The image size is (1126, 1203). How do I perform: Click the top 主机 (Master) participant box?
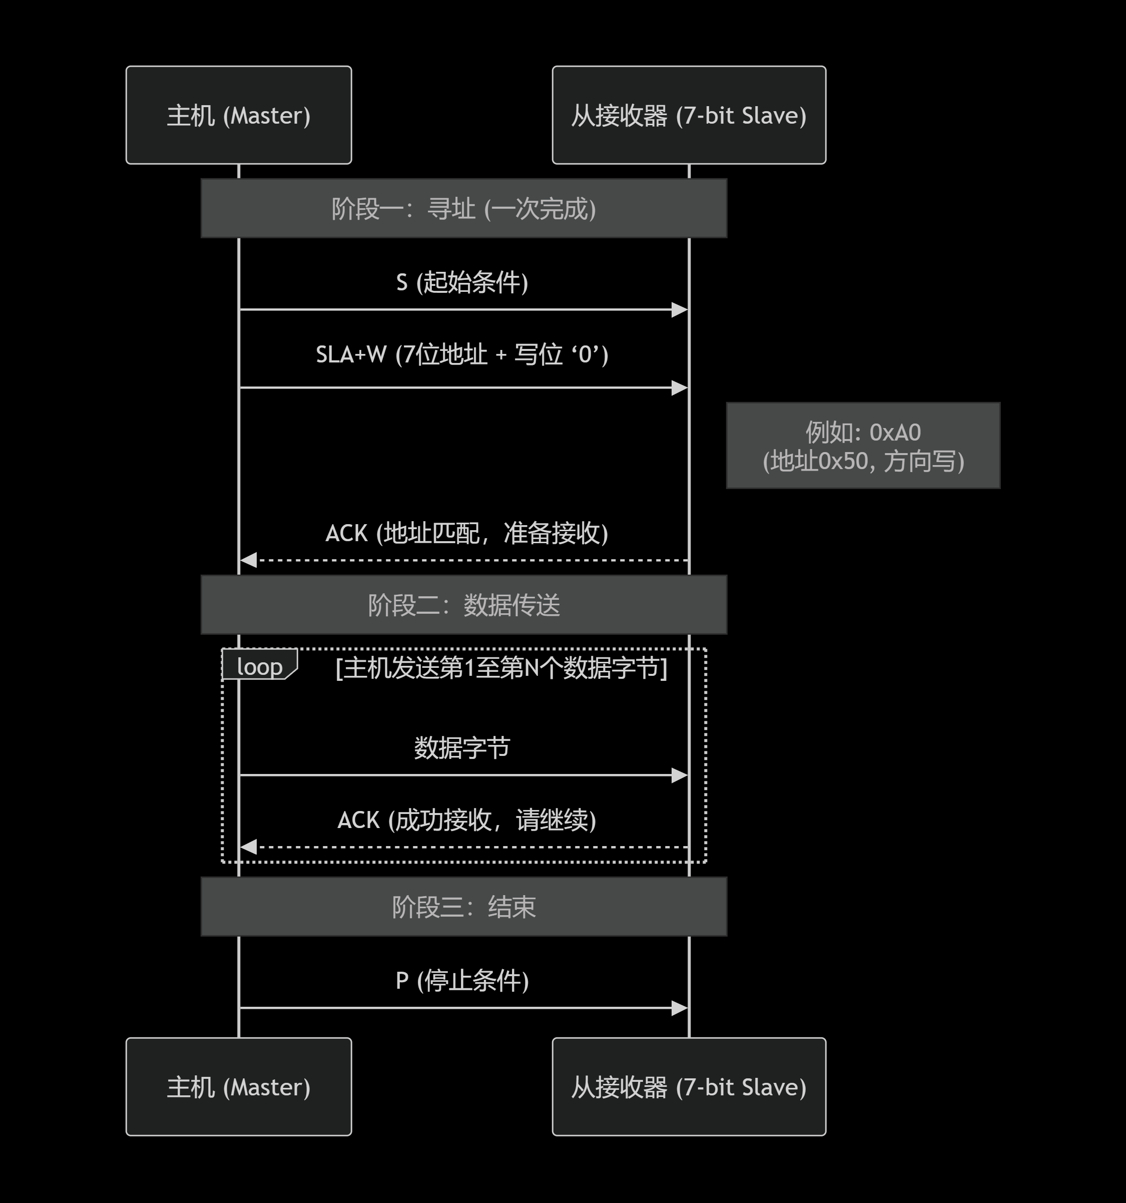[238, 115]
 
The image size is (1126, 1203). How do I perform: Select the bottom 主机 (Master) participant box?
[238, 1087]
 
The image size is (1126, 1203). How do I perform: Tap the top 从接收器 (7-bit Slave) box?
[689, 115]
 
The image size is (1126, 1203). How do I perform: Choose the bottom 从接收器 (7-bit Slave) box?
[689, 1087]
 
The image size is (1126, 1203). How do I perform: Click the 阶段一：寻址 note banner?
[463, 208]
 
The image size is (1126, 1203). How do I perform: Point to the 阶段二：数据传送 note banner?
[463, 605]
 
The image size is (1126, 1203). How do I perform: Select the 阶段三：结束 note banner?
[463, 907]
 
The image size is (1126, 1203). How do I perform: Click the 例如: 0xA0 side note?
[863, 446]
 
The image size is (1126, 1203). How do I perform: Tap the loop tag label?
[260, 666]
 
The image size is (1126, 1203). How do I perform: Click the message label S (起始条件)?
[462, 282]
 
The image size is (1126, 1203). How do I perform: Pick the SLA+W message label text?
[462, 354]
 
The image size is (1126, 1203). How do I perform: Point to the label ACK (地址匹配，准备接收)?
[466, 533]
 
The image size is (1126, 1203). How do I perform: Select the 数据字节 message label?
[462, 748]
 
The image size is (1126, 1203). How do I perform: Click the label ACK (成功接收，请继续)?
[466, 820]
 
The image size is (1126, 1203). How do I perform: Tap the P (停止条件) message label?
[462, 980]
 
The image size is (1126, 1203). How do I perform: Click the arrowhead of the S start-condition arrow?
[680, 310]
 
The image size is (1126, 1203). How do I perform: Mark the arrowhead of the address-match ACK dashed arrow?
[248, 560]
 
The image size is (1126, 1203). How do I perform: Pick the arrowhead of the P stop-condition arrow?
[680, 1008]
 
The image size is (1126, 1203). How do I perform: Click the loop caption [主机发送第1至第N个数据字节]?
[501, 668]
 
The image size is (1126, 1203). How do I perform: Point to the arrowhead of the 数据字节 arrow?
[680, 775]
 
